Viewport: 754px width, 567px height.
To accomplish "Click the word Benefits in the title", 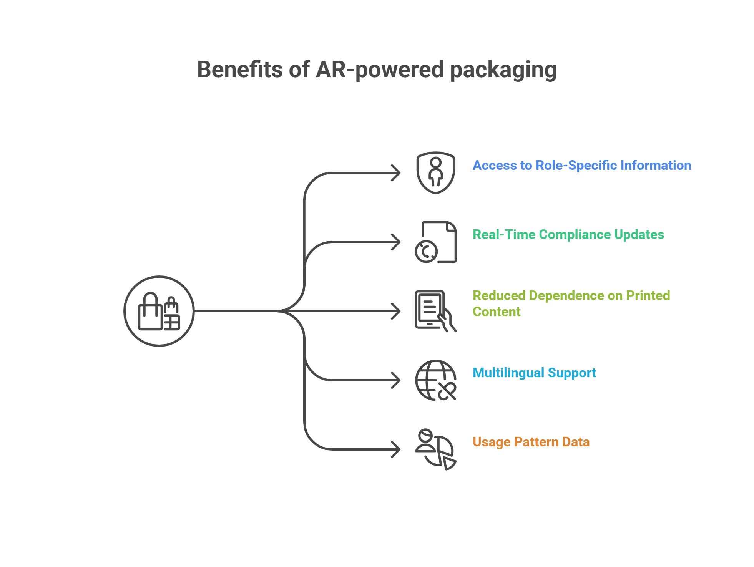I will [239, 70].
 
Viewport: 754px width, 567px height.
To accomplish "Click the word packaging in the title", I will [503, 70].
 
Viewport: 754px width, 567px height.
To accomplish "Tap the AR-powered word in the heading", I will [379, 70].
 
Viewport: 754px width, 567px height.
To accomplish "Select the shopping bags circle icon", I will [159, 311].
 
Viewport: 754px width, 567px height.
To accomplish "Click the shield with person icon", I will [435, 172].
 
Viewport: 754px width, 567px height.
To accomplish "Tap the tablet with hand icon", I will [435, 311].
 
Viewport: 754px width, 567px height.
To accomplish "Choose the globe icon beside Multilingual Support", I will [435, 380].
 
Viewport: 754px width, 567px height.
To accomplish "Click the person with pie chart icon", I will [435, 449].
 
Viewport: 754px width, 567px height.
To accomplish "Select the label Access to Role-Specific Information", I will [581, 165].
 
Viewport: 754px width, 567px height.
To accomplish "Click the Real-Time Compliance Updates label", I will [568, 234].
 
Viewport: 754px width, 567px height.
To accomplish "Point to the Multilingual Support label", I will [534, 373].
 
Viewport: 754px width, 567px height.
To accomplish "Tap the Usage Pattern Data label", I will [531, 442].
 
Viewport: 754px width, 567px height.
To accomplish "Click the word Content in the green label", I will [497, 312].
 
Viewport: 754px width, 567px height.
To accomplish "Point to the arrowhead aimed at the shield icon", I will [396, 173].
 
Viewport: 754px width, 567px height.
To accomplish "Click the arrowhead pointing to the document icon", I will [396, 242].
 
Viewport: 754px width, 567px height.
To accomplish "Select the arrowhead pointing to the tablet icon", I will [396, 311].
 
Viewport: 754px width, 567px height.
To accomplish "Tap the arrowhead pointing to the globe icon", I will [396, 380].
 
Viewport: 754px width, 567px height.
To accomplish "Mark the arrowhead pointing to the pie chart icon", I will [396, 449].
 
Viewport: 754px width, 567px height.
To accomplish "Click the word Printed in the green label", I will [648, 295].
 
